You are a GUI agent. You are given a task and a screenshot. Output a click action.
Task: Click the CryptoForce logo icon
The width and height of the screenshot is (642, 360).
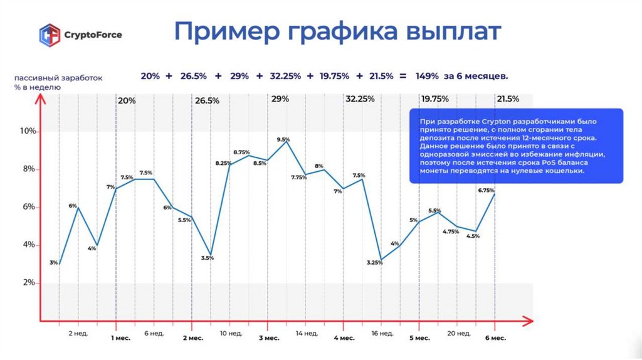(50, 35)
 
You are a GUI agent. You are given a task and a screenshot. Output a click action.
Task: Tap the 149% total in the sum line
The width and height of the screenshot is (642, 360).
(427, 76)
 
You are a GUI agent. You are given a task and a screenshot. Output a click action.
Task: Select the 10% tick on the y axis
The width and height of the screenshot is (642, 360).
(29, 131)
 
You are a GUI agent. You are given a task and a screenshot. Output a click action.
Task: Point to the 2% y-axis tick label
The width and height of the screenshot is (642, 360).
(29, 283)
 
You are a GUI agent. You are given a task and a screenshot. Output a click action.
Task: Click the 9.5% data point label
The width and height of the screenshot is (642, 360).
(283, 139)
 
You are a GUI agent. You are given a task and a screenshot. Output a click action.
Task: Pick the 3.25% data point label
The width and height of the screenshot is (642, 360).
(375, 263)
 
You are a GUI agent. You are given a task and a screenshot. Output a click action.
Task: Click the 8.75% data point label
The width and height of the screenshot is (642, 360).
(241, 152)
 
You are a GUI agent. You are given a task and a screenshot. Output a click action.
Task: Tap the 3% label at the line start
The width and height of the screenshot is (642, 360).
(54, 263)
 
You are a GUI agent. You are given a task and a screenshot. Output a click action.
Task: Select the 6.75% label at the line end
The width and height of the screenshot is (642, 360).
(486, 190)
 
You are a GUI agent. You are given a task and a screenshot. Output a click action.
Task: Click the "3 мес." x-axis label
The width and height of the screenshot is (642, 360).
(269, 338)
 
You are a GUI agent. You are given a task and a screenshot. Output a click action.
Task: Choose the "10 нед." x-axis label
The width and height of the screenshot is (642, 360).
(229, 333)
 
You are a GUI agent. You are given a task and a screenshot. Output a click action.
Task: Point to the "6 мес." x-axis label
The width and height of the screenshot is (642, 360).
(495, 338)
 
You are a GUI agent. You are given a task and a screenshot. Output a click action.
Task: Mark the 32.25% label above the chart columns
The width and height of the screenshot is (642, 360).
(360, 99)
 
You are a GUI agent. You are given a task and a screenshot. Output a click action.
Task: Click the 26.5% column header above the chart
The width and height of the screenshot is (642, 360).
(207, 100)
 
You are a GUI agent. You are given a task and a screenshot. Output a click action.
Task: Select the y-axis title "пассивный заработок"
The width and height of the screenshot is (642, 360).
(58, 78)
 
